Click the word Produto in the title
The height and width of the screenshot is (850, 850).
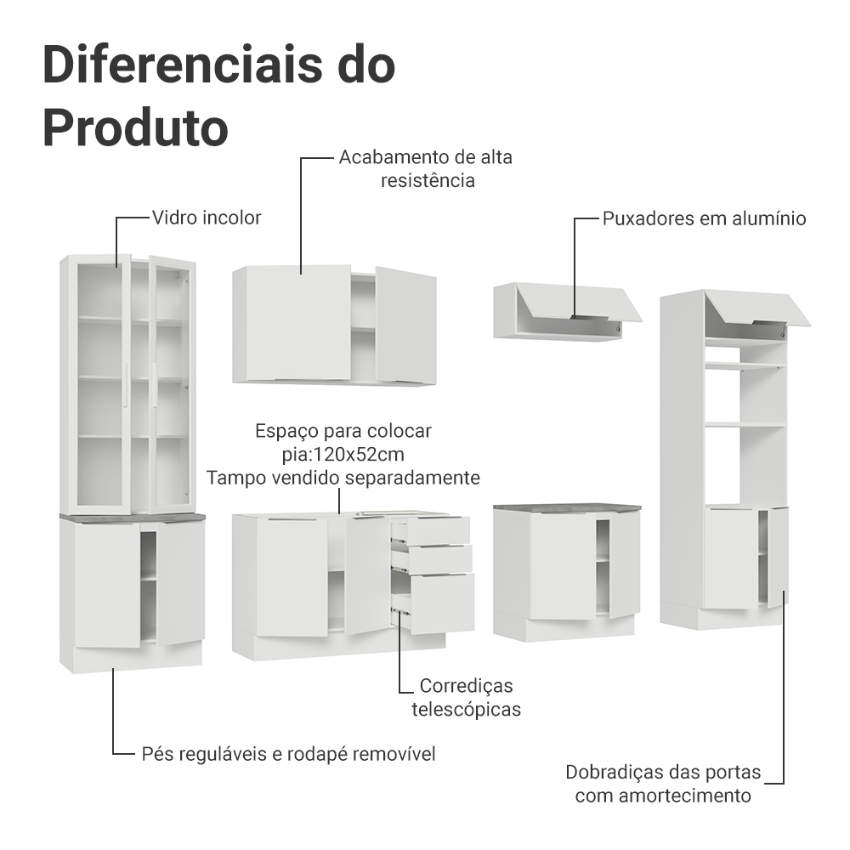click(135, 127)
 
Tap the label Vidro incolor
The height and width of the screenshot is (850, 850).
click(207, 218)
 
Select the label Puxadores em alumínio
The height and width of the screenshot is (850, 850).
click(704, 218)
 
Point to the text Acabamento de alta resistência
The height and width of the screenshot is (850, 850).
click(426, 169)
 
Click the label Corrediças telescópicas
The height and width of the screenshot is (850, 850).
click(466, 697)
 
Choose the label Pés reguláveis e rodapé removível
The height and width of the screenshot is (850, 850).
click(288, 754)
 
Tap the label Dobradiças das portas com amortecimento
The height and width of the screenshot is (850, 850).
click(663, 785)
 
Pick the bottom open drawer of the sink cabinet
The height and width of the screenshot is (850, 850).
click(438, 603)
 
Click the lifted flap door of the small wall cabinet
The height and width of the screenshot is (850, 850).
click(578, 300)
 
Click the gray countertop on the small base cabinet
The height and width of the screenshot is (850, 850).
click(567, 507)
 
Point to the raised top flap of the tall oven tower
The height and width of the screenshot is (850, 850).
click(756, 308)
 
